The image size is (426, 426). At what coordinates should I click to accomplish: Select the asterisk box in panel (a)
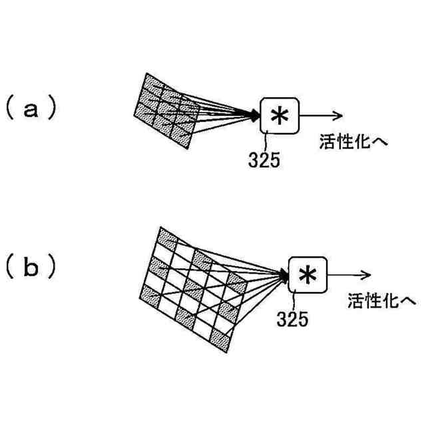(280, 115)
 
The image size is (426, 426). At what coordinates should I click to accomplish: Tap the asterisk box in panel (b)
(308, 274)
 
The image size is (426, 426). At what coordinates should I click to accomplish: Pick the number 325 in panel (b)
(294, 319)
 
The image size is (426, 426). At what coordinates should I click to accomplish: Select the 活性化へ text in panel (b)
(377, 301)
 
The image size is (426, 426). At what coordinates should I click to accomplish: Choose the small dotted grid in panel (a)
(168, 108)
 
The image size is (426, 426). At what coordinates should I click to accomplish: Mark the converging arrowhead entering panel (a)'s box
(256, 116)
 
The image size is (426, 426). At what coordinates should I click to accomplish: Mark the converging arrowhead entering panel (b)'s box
(285, 274)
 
